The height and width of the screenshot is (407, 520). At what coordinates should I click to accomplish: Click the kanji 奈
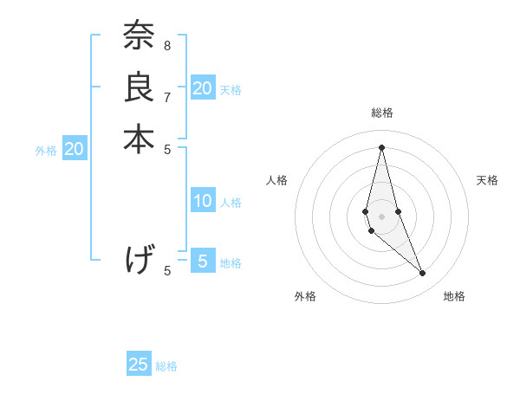[x=139, y=36]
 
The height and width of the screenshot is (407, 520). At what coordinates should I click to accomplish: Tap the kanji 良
[x=139, y=87]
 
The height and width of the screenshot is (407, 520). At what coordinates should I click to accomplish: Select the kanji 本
[x=139, y=139]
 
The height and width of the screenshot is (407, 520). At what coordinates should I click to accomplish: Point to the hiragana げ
[x=139, y=259]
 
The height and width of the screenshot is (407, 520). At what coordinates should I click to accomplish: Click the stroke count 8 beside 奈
[x=167, y=45]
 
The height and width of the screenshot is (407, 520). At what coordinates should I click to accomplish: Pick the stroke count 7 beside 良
[x=167, y=97]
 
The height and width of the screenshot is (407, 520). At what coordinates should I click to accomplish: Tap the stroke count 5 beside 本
[x=167, y=148]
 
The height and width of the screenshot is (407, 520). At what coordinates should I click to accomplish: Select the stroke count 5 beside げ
[x=167, y=270]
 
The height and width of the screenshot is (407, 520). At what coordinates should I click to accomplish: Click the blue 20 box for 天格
[x=203, y=87]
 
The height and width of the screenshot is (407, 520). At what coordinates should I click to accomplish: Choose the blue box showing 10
[x=203, y=201]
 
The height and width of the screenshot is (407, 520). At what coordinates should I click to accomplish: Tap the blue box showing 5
[x=203, y=261]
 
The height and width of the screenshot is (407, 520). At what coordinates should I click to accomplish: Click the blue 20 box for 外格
[x=75, y=149]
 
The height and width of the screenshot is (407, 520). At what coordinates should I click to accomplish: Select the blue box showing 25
[x=139, y=365]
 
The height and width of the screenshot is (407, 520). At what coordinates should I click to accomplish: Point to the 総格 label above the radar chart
[x=381, y=113]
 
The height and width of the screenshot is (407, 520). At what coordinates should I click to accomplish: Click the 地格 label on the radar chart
[x=454, y=296]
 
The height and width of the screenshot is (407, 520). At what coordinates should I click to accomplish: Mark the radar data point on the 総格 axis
[x=381, y=146]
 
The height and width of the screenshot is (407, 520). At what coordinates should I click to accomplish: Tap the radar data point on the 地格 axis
[x=423, y=273]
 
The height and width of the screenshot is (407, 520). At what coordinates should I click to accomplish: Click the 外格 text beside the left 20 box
[x=46, y=150]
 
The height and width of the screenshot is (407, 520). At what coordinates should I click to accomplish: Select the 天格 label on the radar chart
[x=487, y=180]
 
